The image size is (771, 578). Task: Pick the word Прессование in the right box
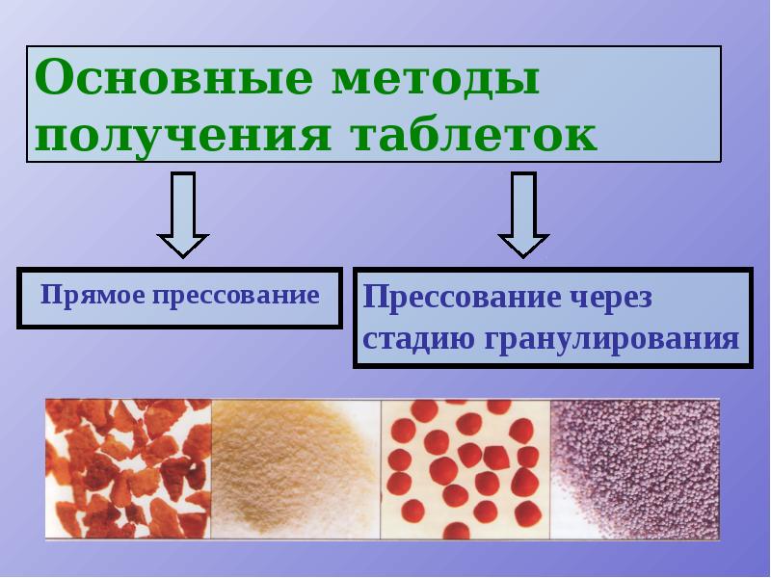pos(459,298)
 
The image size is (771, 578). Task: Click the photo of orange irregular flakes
pos(128,468)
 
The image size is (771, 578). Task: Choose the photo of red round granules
pos(465,468)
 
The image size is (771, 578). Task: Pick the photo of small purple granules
pos(634,468)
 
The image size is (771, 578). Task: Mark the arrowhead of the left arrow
pos(182,244)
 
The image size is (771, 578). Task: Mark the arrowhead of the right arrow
pos(523,245)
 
